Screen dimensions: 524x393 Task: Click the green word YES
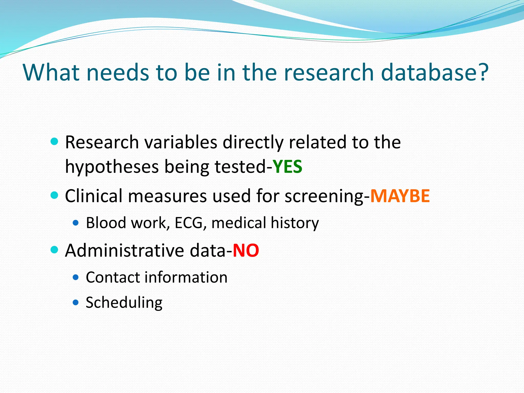[x=287, y=167]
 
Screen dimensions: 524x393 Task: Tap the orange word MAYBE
[x=400, y=196]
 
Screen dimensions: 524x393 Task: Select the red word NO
[x=246, y=250]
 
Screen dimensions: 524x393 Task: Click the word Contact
[x=113, y=277]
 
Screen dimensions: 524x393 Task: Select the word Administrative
[x=124, y=250]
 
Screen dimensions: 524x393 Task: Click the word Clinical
[x=93, y=196]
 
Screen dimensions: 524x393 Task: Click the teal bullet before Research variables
[x=54, y=141]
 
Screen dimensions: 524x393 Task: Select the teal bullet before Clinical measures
[x=54, y=195]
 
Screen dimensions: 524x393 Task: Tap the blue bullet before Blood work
[x=75, y=222]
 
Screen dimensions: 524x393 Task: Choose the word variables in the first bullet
[x=181, y=142]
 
